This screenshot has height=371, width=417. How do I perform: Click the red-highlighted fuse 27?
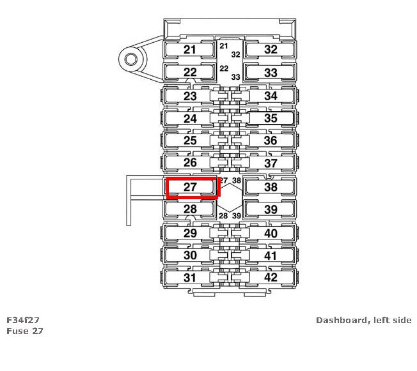coord(191,188)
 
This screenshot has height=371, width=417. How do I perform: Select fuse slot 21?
coord(190,50)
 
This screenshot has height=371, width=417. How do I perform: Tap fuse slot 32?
coord(271,50)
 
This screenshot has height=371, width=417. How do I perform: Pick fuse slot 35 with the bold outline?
coord(271,118)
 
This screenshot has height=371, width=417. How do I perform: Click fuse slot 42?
coord(271,278)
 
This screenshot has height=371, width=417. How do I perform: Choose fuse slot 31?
coord(190,278)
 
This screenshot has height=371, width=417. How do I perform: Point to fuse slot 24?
coord(190,118)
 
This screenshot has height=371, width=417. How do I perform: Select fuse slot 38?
coord(271,188)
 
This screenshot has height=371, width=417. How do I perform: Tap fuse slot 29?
coord(190,233)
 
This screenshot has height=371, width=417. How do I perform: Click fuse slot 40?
coord(271,233)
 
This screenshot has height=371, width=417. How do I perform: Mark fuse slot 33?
coord(271,73)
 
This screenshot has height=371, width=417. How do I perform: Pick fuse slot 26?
coord(190,163)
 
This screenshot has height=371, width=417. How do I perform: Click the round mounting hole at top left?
coord(132,61)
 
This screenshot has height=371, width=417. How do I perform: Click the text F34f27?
coord(24,320)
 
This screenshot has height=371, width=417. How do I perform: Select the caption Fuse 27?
coord(24,331)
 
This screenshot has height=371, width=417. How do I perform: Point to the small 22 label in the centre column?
coord(224,68)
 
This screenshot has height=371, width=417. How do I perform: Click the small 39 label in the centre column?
coord(236,216)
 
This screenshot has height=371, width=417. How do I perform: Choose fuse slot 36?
coord(271,140)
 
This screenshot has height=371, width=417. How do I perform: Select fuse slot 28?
coord(190,209)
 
